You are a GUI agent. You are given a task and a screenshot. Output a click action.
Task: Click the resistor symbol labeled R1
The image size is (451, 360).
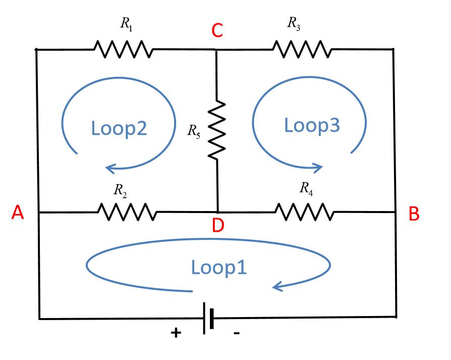123,49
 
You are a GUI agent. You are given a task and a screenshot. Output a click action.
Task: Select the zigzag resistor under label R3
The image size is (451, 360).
302,49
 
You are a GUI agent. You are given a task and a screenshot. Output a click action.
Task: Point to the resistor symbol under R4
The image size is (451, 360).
304,212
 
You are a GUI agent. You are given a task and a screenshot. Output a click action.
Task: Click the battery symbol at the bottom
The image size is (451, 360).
208,318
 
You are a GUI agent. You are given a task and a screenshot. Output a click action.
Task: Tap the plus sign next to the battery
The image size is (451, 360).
176,333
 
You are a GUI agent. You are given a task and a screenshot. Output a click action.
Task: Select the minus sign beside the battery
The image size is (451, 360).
237,333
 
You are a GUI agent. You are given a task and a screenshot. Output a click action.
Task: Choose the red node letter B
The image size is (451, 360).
414,214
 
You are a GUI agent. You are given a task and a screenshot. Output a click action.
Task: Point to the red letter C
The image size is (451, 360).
217,31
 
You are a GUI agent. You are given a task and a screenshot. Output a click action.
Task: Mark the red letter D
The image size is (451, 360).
218,225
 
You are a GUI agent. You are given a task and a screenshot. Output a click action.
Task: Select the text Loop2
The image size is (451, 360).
119,128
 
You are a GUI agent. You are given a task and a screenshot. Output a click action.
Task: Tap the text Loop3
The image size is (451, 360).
312,125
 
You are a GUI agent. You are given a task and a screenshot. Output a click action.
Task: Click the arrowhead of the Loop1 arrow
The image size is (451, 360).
277,287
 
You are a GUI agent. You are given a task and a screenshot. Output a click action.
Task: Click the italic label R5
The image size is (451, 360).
193,131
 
